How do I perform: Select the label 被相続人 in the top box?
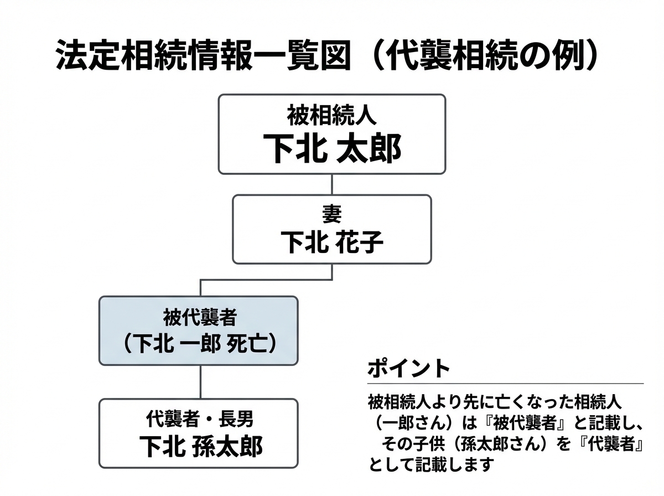tap(331, 117)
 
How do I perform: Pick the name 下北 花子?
tap(331, 242)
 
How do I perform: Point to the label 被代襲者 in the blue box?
tap(200, 317)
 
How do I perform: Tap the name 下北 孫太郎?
tap(200, 446)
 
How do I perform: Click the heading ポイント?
tap(408, 368)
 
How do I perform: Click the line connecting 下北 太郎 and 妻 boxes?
tap(331, 184)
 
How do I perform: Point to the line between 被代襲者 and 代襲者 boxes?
tap(200, 382)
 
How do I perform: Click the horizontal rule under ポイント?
tap(505, 383)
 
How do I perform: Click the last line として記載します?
tap(429, 464)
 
